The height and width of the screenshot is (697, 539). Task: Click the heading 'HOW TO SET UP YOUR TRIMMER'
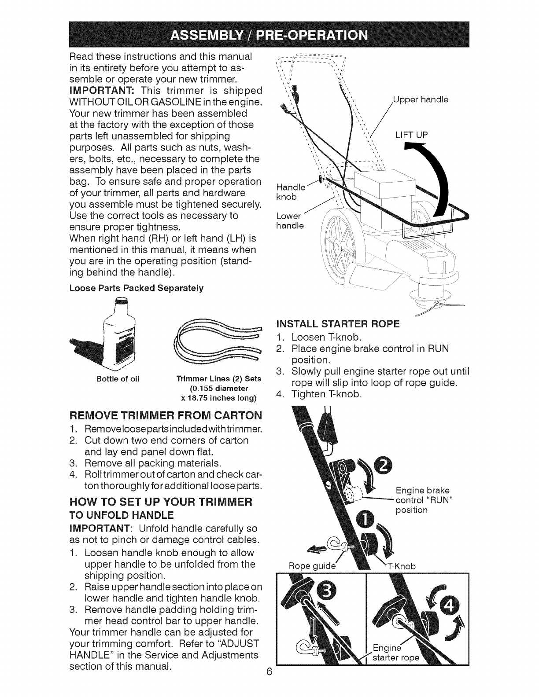(x=160, y=502)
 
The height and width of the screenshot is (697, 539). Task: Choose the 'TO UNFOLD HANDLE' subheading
(x=122, y=515)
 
